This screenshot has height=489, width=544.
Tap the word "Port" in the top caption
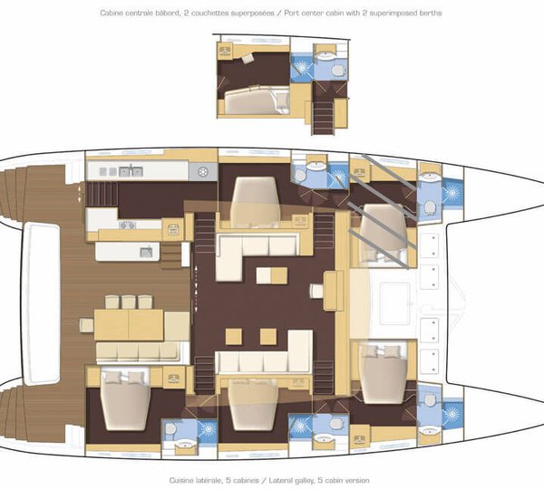[x=292, y=14]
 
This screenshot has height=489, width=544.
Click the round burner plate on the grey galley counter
[x=202, y=171]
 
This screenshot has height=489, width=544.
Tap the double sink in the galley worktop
[x=131, y=171]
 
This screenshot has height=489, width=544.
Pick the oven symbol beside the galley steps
[x=173, y=230]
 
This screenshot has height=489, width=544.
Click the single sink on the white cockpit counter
[x=146, y=252]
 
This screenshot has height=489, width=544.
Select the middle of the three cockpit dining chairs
[x=128, y=302]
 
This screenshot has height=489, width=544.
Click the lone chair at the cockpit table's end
[x=86, y=325]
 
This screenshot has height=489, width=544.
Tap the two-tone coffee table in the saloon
[x=272, y=275]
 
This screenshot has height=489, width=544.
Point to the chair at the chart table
[x=316, y=291]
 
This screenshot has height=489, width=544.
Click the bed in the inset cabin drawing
[x=257, y=100]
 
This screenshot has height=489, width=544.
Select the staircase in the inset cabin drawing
[x=323, y=117]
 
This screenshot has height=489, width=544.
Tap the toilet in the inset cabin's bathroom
[x=338, y=71]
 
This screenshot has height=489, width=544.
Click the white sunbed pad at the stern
[x=42, y=303]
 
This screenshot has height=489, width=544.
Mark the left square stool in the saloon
[x=234, y=337]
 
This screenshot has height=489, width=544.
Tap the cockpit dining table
[x=129, y=325]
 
